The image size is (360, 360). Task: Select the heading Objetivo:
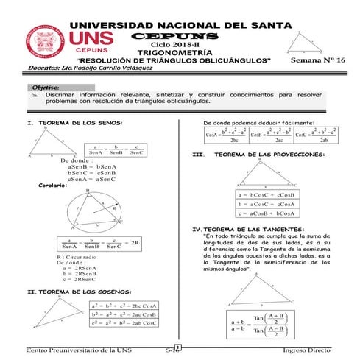46,87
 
